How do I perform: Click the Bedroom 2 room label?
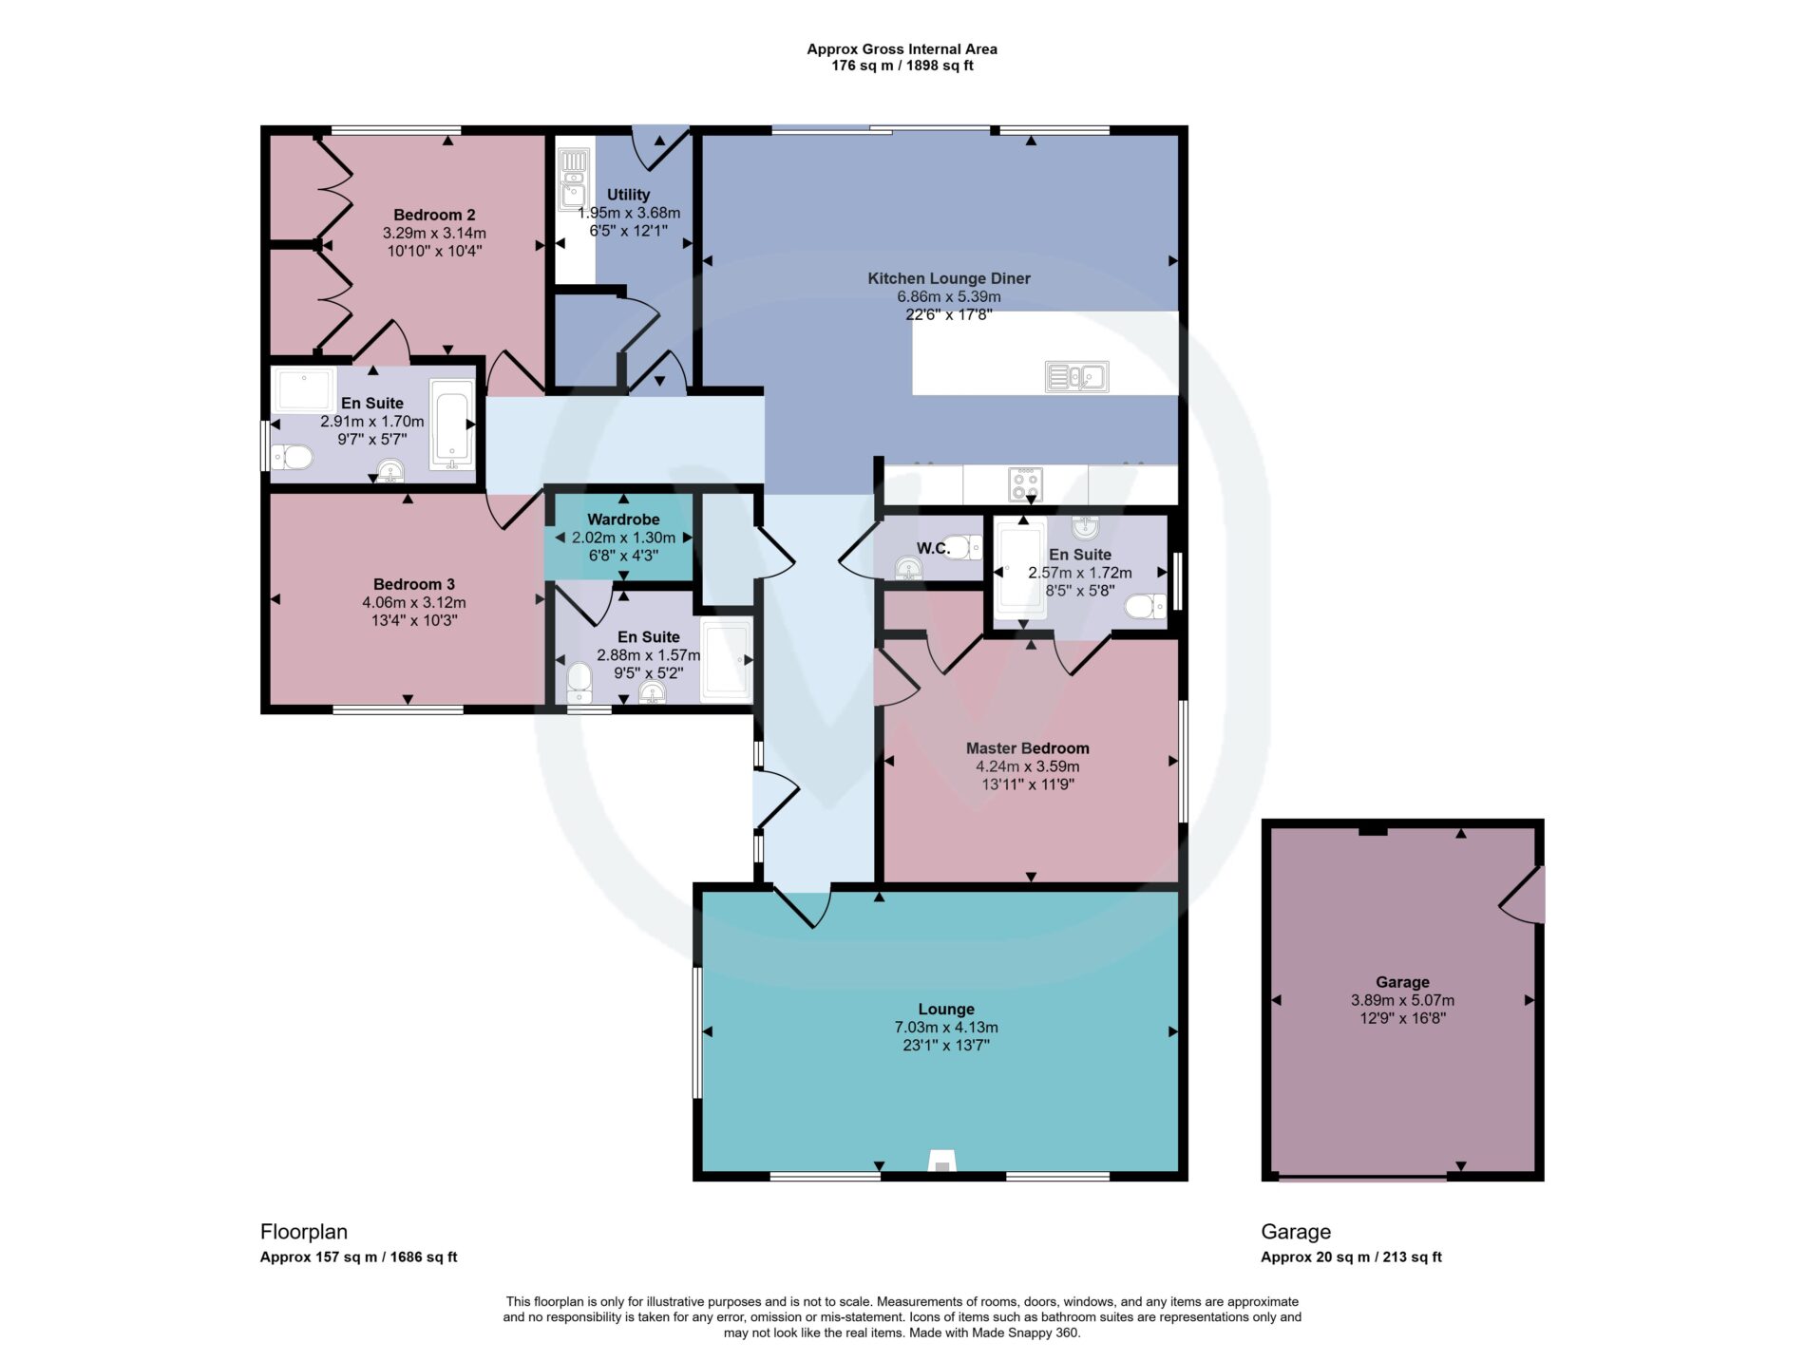tap(434, 215)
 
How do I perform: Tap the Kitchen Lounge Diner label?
tap(948, 278)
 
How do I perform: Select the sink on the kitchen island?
tap(1076, 377)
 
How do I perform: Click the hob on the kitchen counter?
tap(1025, 484)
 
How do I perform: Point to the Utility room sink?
tap(573, 178)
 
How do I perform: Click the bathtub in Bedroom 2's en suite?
tap(451, 425)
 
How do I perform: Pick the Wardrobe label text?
tap(623, 520)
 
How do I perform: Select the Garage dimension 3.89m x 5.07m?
tap(1402, 1000)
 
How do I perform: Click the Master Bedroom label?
tap(1027, 748)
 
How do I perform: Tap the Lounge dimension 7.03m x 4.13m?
tap(945, 1028)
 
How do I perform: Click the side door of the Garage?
tap(1523, 895)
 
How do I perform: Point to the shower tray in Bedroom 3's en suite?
tap(726, 660)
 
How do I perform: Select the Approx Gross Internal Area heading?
tap(902, 49)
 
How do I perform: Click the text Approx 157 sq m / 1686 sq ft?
tap(358, 1257)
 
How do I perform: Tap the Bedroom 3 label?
tap(414, 584)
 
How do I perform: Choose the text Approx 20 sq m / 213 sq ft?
tap(1351, 1257)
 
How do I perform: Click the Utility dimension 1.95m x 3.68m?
tap(629, 213)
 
